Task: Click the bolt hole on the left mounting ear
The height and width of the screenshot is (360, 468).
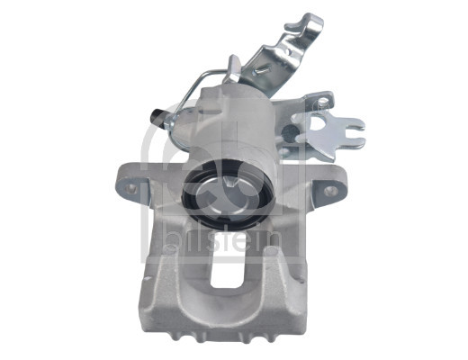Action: [x=132, y=189]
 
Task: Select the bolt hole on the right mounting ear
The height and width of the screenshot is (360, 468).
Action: [x=330, y=191]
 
